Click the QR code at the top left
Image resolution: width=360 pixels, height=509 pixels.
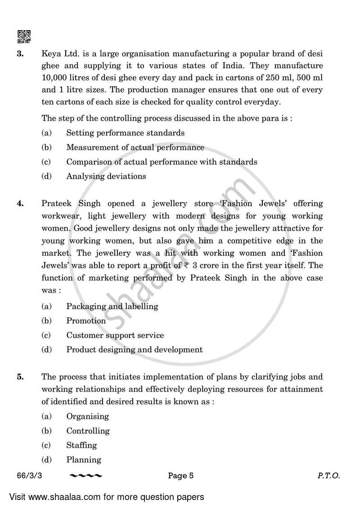coord(24,36)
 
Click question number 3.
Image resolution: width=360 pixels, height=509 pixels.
coord(20,54)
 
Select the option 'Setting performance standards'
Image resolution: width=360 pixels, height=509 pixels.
coord(125,133)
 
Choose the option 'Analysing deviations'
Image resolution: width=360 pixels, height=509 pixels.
coord(106,176)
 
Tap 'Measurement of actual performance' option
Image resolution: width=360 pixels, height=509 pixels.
coord(135,147)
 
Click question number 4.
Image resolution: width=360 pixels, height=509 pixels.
coord(20,203)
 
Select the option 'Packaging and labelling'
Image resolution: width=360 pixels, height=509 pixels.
coord(112,306)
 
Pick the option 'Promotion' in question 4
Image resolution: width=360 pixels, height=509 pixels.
coord(86,321)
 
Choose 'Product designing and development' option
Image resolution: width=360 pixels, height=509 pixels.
coord(134,349)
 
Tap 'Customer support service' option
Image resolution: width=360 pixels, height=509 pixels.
coord(115,335)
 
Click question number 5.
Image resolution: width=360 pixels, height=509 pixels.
coord(20,377)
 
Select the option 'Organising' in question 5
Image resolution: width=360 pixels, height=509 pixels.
coord(87,416)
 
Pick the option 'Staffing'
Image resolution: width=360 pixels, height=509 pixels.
coord(81,445)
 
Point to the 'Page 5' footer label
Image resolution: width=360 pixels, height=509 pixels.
coord(180,475)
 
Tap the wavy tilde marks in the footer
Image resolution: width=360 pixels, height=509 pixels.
coord(86,476)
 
